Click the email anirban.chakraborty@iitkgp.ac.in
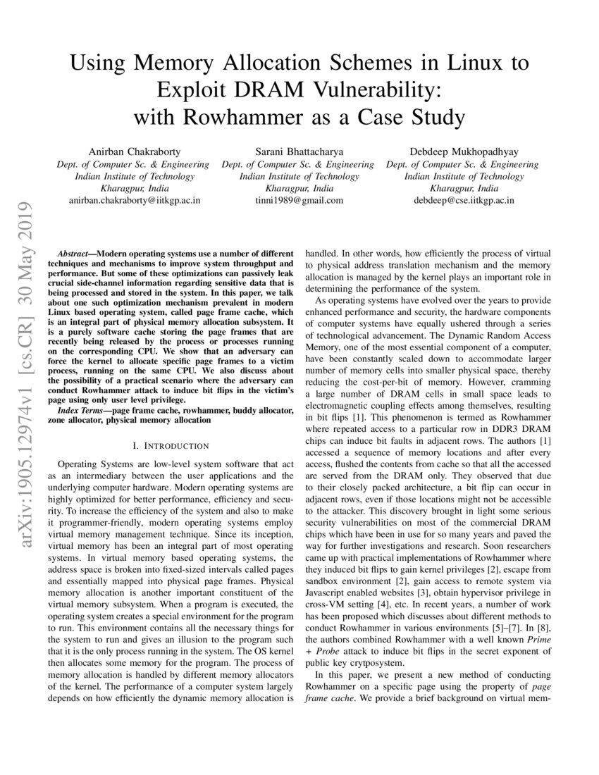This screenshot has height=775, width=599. point(133,200)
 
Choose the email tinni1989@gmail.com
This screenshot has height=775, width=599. point(298,200)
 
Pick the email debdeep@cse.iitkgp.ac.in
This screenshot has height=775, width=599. point(462,200)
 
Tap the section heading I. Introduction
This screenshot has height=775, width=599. point(171,446)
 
